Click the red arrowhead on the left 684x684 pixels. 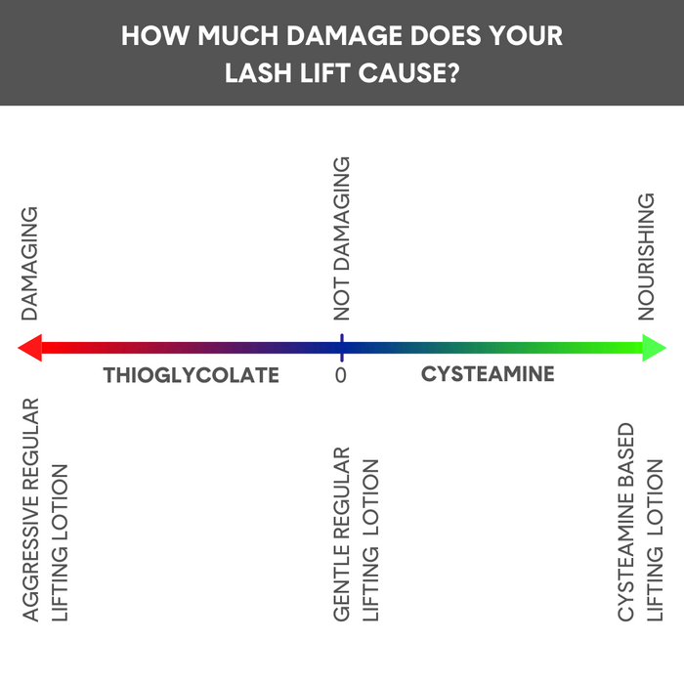point(29,348)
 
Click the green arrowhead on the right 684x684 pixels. point(655,348)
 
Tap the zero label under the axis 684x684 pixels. point(341,375)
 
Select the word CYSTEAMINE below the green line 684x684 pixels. point(488,374)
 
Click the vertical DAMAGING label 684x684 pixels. point(30,263)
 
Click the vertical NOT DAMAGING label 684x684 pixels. point(341,239)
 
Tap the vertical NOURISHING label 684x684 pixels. point(646,256)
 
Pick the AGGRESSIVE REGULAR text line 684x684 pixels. point(30,508)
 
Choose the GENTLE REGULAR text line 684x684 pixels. point(341,534)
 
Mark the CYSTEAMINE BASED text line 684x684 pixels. point(626,522)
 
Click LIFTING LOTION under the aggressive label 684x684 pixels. point(61,542)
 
